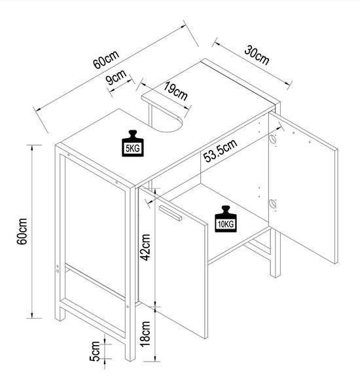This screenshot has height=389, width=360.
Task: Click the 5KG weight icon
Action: point(133,143)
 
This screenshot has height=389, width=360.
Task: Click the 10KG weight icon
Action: point(226,219)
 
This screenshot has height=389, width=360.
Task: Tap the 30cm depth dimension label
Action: point(257,55)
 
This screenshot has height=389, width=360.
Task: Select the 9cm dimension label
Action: point(116,77)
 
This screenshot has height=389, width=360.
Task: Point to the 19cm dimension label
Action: point(176,90)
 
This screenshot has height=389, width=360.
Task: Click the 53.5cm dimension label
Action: point(220,151)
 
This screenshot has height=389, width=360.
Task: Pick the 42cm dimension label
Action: point(145,248)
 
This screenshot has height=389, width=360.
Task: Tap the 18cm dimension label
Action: point(145,334)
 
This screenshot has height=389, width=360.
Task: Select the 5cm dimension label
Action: point(95,351)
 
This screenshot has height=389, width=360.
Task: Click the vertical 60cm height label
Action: point(22,231)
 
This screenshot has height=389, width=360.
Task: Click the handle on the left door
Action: point(170,213)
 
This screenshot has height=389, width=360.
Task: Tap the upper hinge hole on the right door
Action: point(272,139)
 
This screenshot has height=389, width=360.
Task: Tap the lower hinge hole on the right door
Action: point(272,204)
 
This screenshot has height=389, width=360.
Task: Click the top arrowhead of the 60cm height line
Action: point(31,147)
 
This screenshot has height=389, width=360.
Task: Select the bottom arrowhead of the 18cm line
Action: point(154,359)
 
